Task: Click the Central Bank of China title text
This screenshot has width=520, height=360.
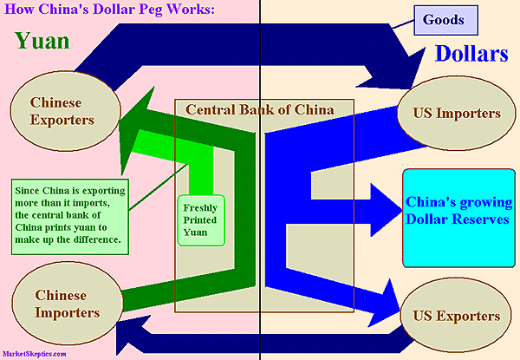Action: pyautogui.click(x=260, y=109)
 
